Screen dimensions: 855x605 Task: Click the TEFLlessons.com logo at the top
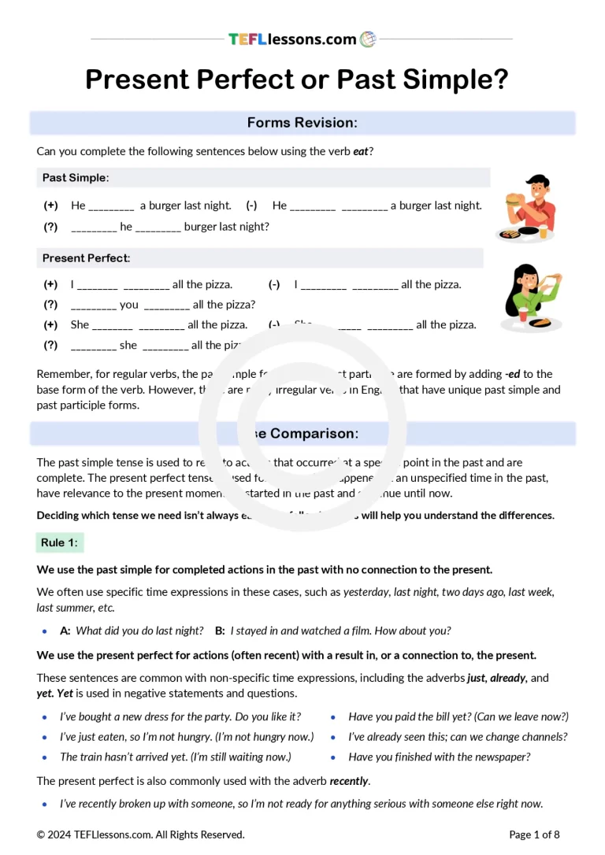point(292,39)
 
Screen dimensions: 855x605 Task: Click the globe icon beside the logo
point(368,39)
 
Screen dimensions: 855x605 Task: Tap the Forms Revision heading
point(302,123)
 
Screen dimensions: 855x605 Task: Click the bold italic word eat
point(361,151)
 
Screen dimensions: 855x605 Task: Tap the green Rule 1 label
point(60,542)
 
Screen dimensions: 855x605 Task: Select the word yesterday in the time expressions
point(366,592)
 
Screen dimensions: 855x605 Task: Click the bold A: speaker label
point(65,631)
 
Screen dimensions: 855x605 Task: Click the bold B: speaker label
point(220,631)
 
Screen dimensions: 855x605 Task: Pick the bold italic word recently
point(348,781)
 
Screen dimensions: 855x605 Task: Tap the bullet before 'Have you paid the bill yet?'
point(333,717)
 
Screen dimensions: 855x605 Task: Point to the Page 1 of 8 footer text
point(534,835)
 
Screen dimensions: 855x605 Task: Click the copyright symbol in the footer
point(41,835)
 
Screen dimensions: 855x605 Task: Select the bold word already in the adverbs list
point(507,677)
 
